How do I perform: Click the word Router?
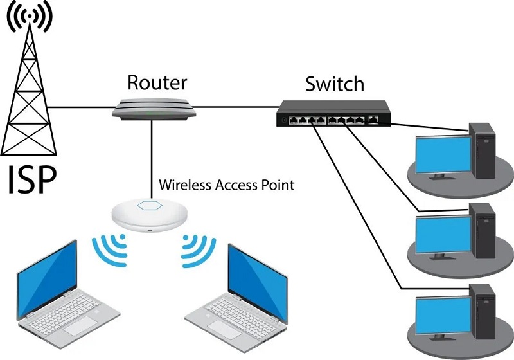(x=157, y=82)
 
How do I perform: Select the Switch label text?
(x=335, y=84)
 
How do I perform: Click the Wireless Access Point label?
(x=226, y=185)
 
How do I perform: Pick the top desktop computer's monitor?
(x=441, y=154)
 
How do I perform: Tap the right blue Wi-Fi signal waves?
(x=195, y=250)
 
